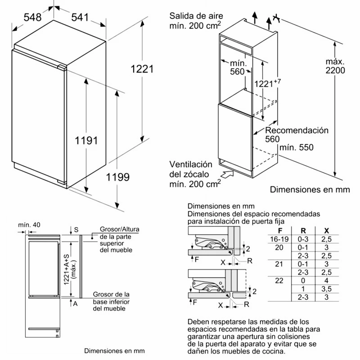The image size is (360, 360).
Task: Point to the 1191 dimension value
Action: (x=86, y=141)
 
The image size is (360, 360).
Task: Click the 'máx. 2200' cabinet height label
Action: (x=335, y=66)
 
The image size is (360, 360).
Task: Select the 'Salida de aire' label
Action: (x=196, y=16)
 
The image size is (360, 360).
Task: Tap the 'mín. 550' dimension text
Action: (x=296, y=147)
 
